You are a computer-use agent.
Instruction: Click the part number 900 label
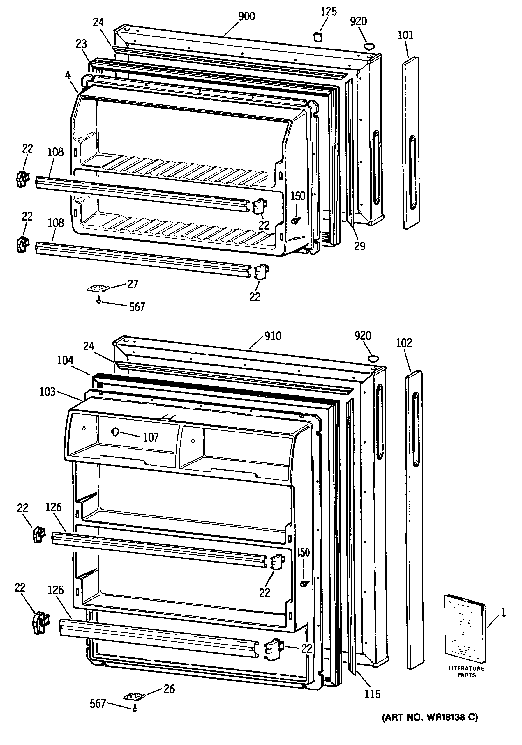click(x=246, y=16)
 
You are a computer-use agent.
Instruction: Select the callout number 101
click(x=406, y=35)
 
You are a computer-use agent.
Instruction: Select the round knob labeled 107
click(x=115, y=432)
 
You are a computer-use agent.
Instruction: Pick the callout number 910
click(x=273, y=336)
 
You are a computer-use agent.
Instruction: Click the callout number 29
click(x=359, y=246)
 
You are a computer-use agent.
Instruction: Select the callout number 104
click(x=65, y=360)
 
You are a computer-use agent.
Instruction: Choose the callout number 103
click(x=47, y=392)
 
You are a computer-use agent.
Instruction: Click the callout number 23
click(x=81, y=44)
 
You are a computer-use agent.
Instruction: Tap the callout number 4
click(x=68, y=75)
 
